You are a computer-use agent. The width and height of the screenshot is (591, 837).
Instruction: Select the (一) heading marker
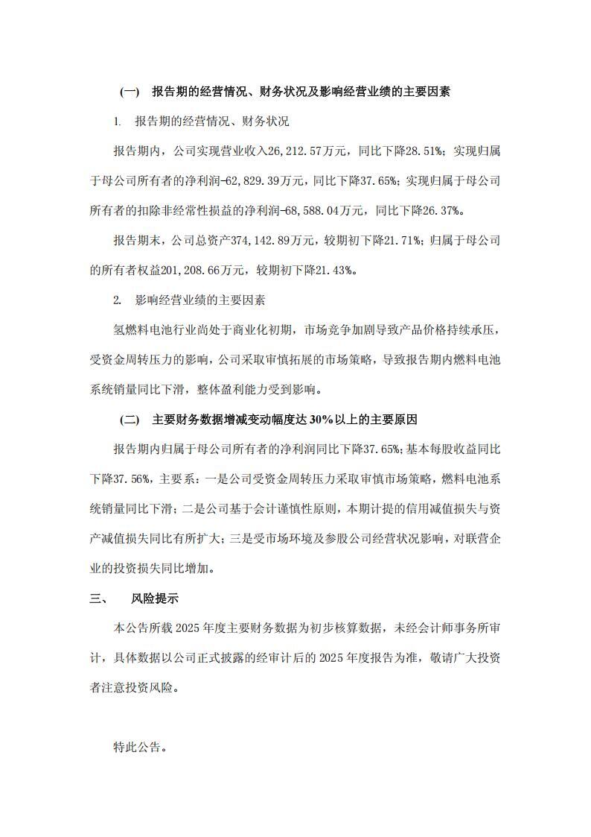tap(129, 92)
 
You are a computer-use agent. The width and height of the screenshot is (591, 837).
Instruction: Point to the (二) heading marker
tap(129, 420)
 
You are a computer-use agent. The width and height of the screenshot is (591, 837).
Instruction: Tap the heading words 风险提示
tap(155, 598)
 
